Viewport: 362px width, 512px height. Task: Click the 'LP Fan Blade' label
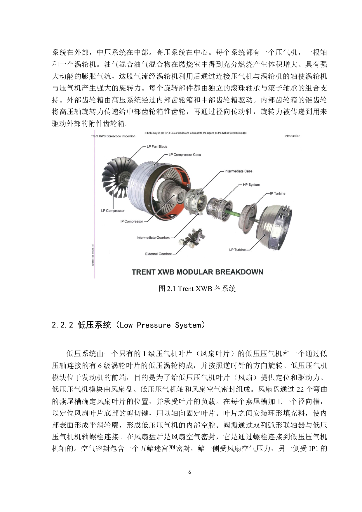coord(157,147)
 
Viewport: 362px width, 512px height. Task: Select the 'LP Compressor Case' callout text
coord(185,155)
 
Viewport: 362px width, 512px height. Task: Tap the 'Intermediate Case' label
coord(238,171)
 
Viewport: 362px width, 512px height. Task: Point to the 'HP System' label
coord(251,184)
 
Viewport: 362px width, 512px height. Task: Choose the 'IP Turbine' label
coord(278,193)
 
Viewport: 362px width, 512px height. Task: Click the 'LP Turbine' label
coord(237,250)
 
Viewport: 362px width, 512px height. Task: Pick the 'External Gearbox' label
coord(159,254)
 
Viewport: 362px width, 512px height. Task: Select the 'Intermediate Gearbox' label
coord(153,238)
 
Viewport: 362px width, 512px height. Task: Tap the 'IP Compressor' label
coord(132,221)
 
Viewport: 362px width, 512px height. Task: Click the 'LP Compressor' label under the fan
coord(113,210)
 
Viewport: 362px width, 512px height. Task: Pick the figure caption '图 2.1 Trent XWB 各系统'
coord(197,289)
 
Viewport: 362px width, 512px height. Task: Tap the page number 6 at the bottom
coord(190,472)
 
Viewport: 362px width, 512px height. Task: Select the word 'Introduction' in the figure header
coord(292,136)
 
